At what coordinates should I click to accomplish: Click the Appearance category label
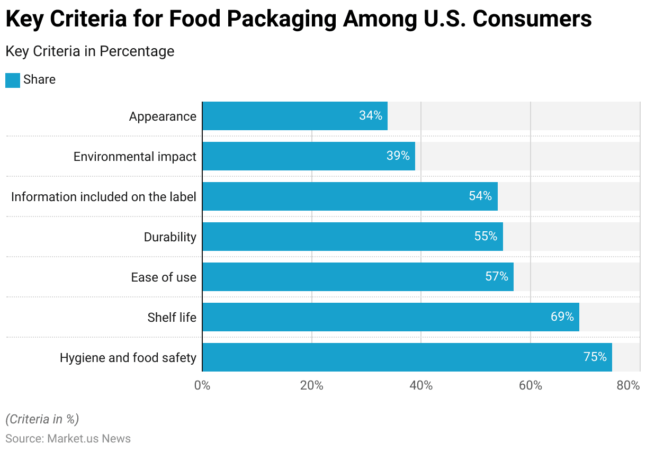(163, 116)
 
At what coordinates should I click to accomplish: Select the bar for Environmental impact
(308, 156)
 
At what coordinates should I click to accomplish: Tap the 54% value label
(480, 196)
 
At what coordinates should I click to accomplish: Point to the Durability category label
(170, 237)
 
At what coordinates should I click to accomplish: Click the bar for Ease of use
(357, 277)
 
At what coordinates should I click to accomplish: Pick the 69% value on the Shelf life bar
(562, 317)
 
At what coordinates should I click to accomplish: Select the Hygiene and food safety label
(128, 358)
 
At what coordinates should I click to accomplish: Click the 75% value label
(595, 357)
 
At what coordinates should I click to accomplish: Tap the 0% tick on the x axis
(202, 386)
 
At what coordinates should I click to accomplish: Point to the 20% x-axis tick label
(311, 386)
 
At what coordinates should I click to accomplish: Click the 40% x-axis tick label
(421, 386)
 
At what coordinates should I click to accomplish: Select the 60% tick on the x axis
(531, 386)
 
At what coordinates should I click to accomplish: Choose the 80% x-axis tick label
(629, 386)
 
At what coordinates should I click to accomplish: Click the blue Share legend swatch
(13, 80)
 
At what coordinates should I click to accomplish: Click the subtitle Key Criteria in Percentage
(89, 51)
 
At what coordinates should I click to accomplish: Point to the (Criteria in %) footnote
(42, 419)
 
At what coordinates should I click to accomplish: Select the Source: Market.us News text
(68, 439)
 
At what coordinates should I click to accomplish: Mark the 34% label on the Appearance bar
(370, 116)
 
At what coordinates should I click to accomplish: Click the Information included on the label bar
(349, 196)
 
